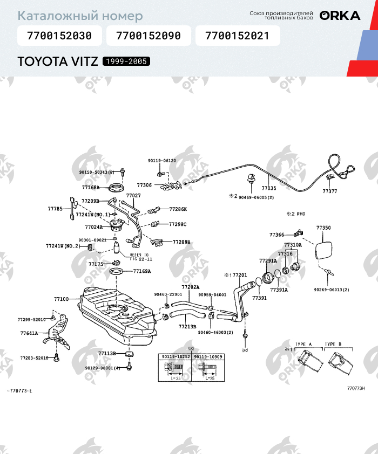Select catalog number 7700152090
click(148, 36)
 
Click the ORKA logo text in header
click(340, 16)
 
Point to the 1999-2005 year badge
click(126, 61)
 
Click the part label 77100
click(61, 299)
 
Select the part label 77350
click(323, 228)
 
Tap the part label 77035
click(268, 189)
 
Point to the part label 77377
click(329, 191)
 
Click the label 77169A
click(142, 271)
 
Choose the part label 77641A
click(29, 333)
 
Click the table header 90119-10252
click(175, 357)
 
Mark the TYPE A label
click(303, 344)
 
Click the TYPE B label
click(333, 344)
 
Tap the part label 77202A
click(190, 287)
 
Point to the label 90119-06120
click(161, 160)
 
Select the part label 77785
click(55, 208)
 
